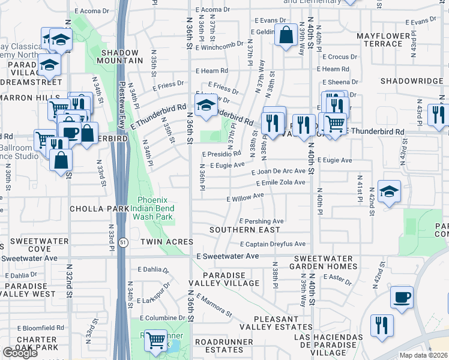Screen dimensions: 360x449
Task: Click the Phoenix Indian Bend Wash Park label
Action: pos(155,208)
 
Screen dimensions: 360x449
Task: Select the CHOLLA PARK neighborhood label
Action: pos(100,208)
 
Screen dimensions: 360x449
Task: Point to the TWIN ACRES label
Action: pos(166,242)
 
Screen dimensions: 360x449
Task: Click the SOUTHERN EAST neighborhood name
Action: pos(244,230)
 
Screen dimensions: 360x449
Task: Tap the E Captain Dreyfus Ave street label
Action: pos(273,244)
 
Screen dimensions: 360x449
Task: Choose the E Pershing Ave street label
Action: pos(262,221)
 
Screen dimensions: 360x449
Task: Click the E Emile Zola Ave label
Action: pos(280,182)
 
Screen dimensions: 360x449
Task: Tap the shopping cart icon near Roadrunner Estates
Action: pos(156,340)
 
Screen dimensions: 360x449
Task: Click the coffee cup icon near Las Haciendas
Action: pos(402,296)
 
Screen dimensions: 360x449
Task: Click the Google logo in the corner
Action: pos(20,353)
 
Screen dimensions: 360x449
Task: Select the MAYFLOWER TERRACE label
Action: pos(388,40)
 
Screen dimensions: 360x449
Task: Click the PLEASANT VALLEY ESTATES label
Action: pos(276,323)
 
